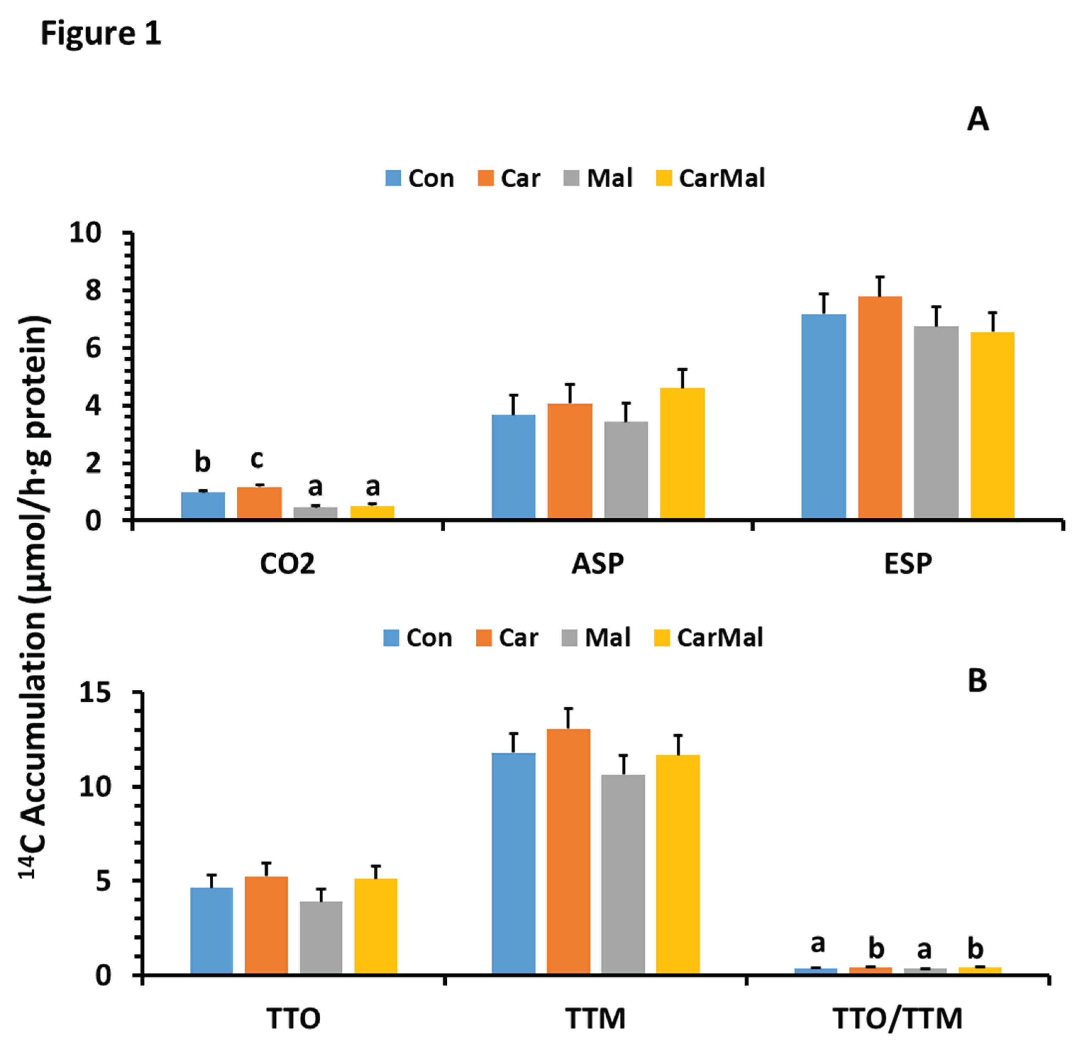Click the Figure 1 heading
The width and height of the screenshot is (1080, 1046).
[x=101, y=34]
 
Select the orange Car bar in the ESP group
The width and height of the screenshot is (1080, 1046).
[x=880, y=408]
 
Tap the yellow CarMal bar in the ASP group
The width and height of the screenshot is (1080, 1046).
[x=682, y=453]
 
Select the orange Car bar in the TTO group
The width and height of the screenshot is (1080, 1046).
[x=266, y=926]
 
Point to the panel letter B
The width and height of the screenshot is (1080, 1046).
[x=977, y=681]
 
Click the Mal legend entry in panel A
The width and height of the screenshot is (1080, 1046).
[x=599, y=178]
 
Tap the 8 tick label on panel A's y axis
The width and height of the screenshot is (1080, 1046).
[x=94, y=291]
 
